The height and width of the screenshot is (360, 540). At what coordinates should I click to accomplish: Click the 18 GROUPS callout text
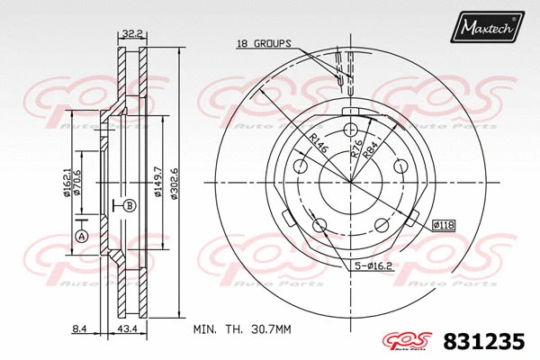coord(264,43)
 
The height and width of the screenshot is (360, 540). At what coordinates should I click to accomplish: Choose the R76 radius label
coord(356,149)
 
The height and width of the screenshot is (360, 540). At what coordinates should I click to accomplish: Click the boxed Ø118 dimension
coord(445,223)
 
